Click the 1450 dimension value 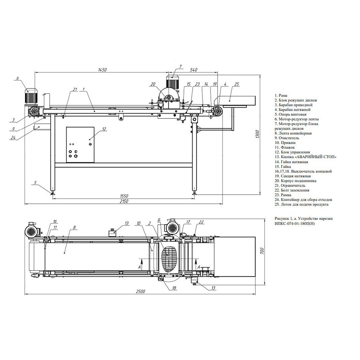coord(102,70)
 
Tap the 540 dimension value coord(194,70)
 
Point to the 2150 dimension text coord(124,201)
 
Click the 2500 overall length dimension coord(140,292)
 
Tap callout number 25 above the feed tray coord(237,84)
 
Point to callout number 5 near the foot coord(35,183)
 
